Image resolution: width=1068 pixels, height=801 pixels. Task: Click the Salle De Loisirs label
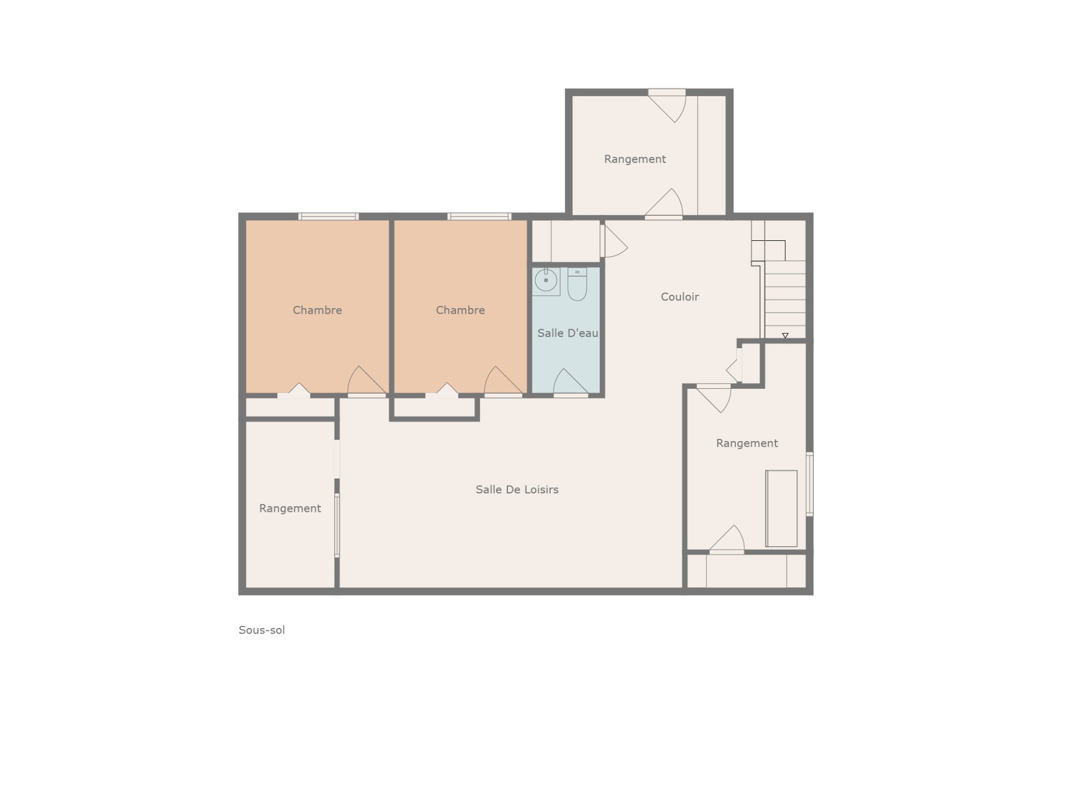pos(517,489)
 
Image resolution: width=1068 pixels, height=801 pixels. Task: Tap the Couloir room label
pos(680,296)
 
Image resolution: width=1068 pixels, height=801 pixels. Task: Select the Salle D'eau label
pos(567,333)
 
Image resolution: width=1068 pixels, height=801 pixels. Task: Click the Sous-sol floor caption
pos(261,630)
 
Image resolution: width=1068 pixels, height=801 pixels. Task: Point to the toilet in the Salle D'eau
pos(577,284)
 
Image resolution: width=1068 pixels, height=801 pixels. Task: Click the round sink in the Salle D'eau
pos(546,281)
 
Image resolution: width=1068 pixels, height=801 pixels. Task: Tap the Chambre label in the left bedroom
pos(317,310)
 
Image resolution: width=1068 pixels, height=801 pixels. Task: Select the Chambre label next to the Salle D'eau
pos(460,310)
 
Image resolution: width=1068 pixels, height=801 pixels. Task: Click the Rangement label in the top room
pos(635,159)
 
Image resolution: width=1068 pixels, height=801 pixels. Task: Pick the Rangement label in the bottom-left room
pos(290,508)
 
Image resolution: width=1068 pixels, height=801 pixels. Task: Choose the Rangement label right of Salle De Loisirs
pos(746,443)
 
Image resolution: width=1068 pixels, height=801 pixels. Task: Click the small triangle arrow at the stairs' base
pos(785,335)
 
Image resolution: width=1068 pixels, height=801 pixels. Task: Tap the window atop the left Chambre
pos(328,216)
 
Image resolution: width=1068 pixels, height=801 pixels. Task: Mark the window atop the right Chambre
pos(479,216)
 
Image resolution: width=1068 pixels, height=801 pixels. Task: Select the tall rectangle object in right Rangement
pos(782,508)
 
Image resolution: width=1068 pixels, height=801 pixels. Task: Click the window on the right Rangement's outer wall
pos(810,484)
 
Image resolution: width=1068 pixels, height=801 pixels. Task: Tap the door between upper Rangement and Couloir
pos(664,203)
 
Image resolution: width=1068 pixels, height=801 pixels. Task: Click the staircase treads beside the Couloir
pos(785,299)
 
